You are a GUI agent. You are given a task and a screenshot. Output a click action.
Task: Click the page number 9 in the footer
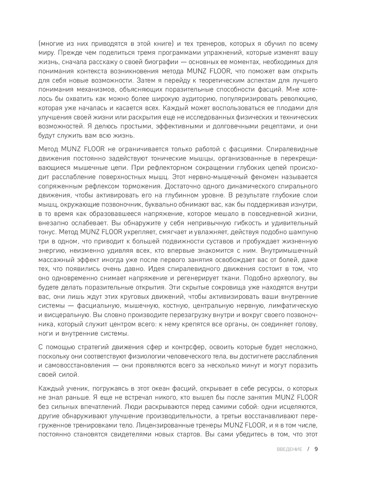[x=316, y=449]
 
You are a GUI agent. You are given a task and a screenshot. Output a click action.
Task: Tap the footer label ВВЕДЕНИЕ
[x=289, y=449]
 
